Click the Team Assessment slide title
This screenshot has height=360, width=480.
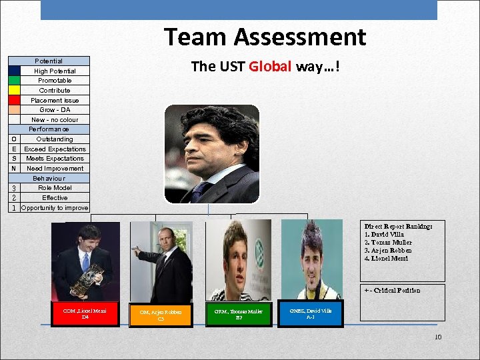coord(265,37)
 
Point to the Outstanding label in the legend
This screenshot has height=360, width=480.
coord(55,139)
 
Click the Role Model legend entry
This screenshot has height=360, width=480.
coord(55,188)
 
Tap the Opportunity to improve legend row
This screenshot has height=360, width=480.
coord(55,208)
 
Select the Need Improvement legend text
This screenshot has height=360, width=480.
coord(55,169)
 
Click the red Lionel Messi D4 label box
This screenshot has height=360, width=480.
coord(86,314)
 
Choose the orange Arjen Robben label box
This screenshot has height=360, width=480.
coord(161,315)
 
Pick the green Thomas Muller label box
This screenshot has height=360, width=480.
coord(239,315)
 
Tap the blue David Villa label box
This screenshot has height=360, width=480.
coord(311,314)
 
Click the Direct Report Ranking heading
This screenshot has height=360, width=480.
coord(398,227)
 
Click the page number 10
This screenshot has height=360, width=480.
coord(437,337)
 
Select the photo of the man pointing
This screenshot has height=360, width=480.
coord(161,261)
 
